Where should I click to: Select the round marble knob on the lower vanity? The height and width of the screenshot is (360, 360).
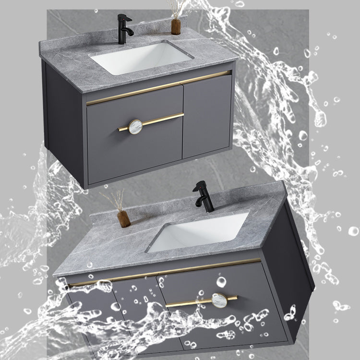pyautogui.click(x=219, y=300)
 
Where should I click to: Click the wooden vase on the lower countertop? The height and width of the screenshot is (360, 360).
pyautogui.click(x=124, y=219)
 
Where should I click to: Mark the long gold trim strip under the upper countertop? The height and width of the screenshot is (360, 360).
pyautogui.click(x=158, y=87)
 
